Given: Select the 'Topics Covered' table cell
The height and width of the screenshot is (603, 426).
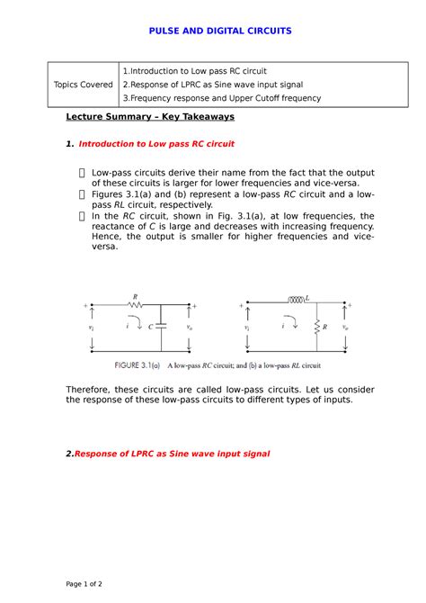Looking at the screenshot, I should pyautogui.click(x=84, y=85).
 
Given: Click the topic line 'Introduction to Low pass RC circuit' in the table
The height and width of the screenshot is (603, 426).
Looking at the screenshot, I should pyautogui.click(x=196, y=71).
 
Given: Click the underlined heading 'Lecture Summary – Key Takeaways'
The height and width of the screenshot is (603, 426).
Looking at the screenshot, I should pyautogui.click(x=150, y=117).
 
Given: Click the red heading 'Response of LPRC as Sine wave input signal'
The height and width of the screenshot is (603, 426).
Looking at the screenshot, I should pyautogui.click(x=168, y=454).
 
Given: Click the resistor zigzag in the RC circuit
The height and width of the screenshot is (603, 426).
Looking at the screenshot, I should pyautogui.click(x=136, y=305).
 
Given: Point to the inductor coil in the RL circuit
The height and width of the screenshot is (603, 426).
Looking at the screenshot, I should pyautogui.click(x=295, y=300).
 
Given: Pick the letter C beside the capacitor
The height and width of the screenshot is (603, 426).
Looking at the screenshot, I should pyautogui.click(x=150, y=328).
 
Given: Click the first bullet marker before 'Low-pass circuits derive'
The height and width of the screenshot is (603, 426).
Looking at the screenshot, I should pyautogui.click(x=83, y=171).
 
